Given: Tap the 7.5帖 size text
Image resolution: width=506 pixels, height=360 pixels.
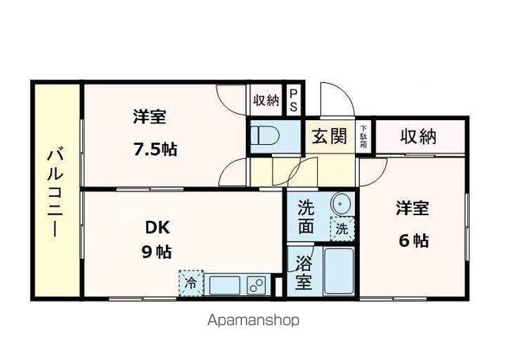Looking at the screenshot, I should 154,149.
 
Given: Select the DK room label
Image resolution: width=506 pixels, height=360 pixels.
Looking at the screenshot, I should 157,228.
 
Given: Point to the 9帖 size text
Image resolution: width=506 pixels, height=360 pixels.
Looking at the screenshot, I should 157,252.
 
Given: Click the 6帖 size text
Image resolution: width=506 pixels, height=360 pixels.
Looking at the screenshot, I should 413,241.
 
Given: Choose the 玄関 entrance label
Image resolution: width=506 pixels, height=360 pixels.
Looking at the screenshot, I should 329,136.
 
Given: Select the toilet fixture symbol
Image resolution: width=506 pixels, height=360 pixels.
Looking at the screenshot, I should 262,136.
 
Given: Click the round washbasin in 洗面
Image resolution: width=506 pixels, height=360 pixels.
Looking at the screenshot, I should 341,203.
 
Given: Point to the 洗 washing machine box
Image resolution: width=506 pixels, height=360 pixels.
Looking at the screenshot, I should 342,229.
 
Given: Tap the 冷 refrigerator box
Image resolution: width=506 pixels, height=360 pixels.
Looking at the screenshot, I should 191,282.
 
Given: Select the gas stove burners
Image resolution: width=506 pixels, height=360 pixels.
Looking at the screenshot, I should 256,283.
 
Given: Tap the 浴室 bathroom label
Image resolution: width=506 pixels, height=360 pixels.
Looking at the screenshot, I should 304,271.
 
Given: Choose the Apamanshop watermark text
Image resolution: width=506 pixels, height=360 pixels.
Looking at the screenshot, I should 253,321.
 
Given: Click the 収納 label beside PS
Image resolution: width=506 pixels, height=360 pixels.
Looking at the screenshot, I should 266,100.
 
